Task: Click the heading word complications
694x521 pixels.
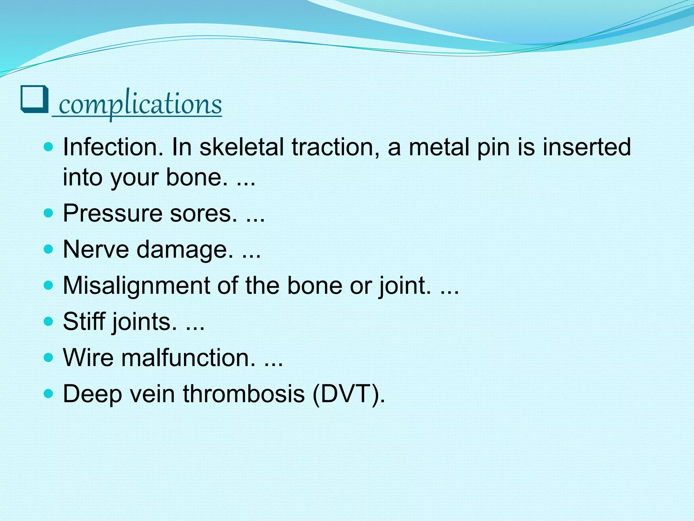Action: (x=140, y=104)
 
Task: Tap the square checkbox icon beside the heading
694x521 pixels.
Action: (x=35, y=100)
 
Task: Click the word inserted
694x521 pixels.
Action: (x=587, y=148)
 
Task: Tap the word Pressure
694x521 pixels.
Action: (x=113, y=214)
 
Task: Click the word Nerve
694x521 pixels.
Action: (x=96, y=250)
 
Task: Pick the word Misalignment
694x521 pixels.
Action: (x=136, y=286)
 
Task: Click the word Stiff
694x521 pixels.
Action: (x=84, y=322)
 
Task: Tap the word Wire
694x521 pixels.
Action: (x=88, y=358)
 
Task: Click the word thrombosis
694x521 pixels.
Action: (x=244, y=394)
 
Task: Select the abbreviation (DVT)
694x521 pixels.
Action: (x=349, y=394)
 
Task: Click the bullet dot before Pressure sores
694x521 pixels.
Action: (x=49, y=213)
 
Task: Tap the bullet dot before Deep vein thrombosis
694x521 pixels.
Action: (x=49, y=393)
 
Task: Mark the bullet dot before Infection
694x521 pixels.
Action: (x=49, y=147)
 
